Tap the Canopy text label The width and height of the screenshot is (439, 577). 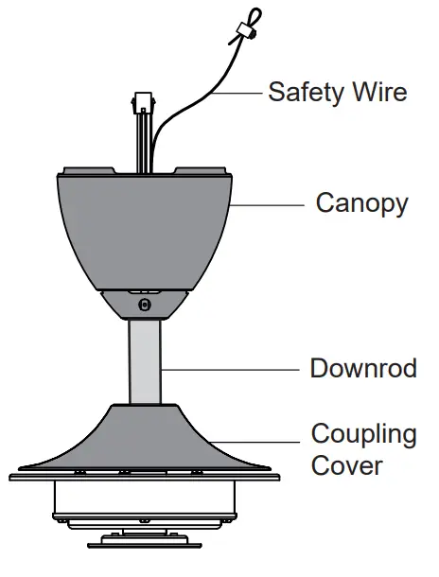point(362,203)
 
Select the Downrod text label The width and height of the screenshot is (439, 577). point(363,368)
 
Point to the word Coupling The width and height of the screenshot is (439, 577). point(364,435)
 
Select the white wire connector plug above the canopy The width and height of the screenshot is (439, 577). point(145,99)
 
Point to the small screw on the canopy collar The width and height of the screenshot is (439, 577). point(144,305)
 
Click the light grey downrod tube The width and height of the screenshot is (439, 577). point(145,364)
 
